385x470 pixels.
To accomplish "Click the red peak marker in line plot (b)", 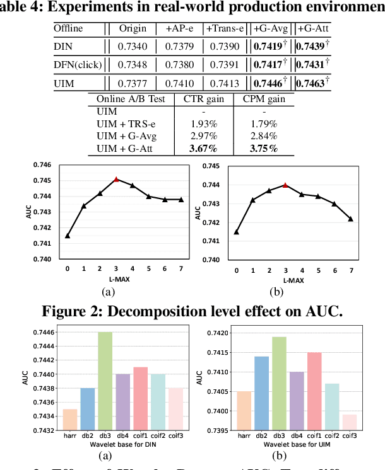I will click(285, 185).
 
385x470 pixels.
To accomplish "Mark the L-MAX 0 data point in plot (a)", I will click(68, 236).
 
